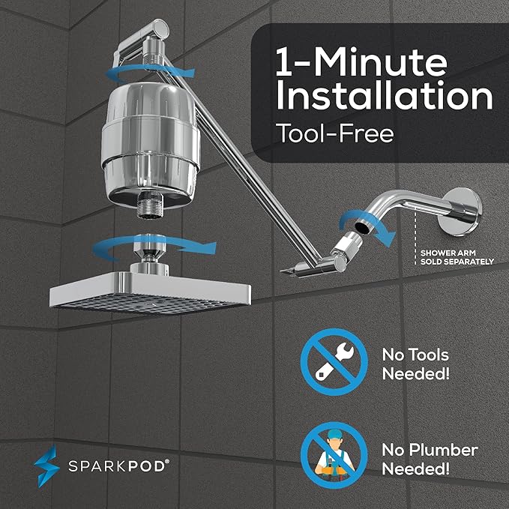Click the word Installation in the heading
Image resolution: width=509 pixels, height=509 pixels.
pyautogui.click(x=382, y=97)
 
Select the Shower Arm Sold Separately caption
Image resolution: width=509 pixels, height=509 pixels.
pyautogui.click(x=456, y=256)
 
